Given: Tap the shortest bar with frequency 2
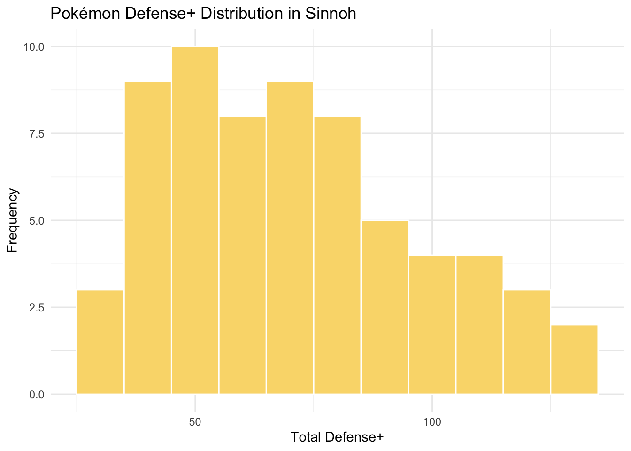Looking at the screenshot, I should tap(574, 359).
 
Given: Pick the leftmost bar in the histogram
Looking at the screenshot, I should tap(100, 342).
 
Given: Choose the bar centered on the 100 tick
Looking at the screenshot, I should tap(432, 324).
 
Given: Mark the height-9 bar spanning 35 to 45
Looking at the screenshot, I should tap(147, 237).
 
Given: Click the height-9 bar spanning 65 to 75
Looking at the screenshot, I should tap(290, 237).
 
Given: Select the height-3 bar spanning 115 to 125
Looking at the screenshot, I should tap(526, 342).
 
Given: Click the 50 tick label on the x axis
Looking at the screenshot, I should tap(195, 421).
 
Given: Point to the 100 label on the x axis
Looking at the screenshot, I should tap(432, 421).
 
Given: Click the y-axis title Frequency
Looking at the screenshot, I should tap(13, 220).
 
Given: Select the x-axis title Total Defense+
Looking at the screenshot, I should tap(337, 437).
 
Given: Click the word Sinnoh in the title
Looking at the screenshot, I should tap(332, 14).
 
